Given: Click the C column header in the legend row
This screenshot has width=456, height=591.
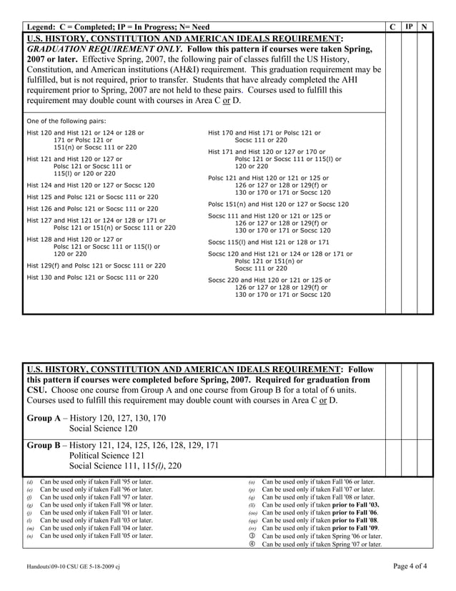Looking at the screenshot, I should point(393,26).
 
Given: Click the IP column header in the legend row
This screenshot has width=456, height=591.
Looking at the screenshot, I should point(409,26).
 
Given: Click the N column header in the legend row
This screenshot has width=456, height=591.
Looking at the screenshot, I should point(425,26).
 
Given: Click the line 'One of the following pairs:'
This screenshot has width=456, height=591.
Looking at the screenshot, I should point(66,121).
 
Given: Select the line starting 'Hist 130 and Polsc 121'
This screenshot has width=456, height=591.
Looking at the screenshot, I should point(92,277).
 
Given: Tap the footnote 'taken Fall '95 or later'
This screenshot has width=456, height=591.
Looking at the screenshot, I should point(96,482).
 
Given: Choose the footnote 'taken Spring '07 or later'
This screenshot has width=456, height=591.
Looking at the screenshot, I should point(322,544).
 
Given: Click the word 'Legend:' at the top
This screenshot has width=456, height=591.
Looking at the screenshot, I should point(44,26).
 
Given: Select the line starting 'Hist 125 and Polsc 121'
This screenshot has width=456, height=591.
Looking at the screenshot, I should point(92,196).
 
